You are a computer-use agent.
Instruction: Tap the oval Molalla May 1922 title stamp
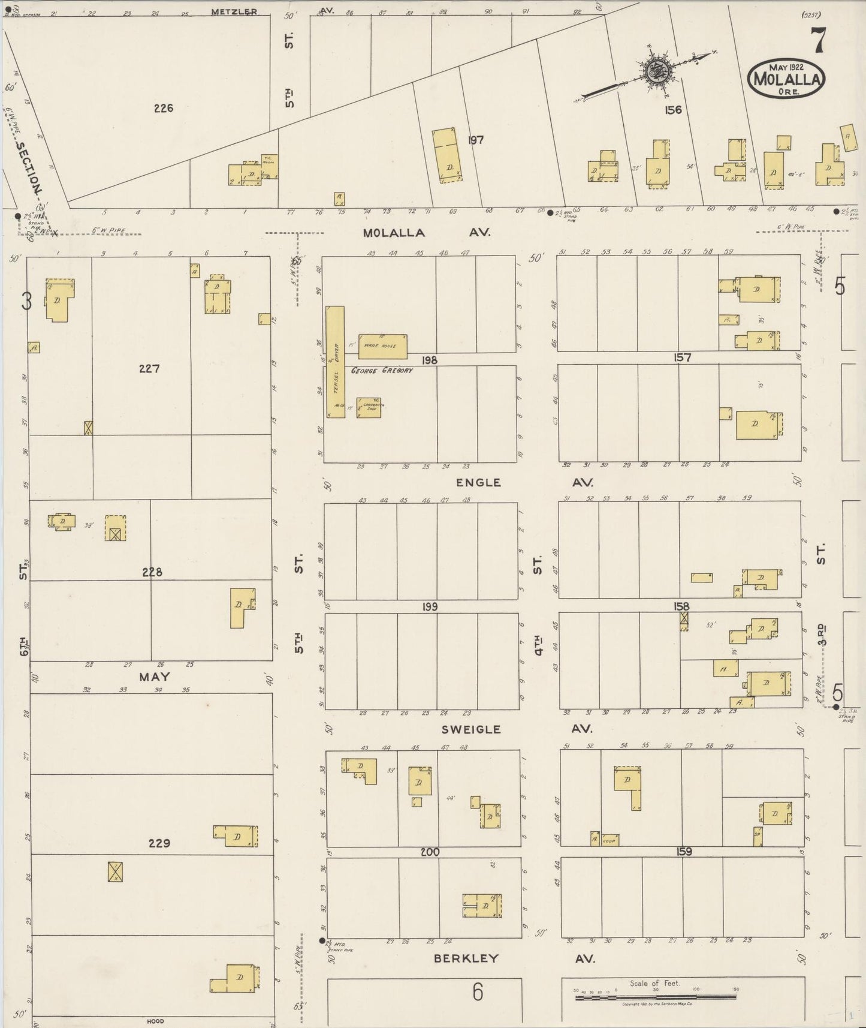tap(786, 78)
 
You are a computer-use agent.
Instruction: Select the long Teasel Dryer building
tap(336, 362)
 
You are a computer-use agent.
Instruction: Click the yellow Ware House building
tap(382, 346)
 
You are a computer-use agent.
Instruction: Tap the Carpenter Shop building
tap(369, 407)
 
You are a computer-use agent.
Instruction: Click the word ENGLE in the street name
tap(478, 482)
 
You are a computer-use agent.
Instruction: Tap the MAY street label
tap(155, 677)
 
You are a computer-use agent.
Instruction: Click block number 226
tap(163, 109)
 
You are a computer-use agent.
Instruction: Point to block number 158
tap(681, 606)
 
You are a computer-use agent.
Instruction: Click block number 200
tap(430, 852)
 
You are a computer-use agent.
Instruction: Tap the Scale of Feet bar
tap(655, 998)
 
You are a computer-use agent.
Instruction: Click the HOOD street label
tap(155, 1021)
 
